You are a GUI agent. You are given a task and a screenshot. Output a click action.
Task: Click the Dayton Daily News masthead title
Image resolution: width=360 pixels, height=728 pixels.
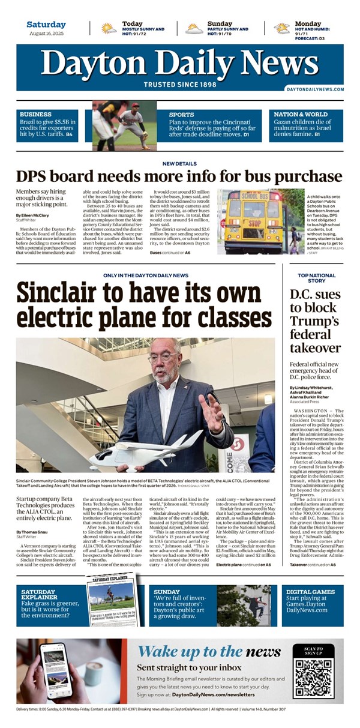(x=179, y=62)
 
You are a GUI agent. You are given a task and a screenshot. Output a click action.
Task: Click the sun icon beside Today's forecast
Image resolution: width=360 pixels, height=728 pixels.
(x=109, y=28)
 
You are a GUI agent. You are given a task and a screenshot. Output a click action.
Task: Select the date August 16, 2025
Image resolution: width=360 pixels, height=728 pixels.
(x=46, y=34)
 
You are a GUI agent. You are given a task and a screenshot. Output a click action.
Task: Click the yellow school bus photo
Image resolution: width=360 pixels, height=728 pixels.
(x=253, y=221)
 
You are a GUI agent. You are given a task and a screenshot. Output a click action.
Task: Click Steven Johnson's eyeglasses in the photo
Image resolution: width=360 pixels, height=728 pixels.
(x=161, y=358)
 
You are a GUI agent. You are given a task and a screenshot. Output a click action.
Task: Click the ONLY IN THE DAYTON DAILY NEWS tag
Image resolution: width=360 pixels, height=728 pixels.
(x=145, y=275)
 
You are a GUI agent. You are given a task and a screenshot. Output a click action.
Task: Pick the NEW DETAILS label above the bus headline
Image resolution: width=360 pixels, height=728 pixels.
(x=179, y=164)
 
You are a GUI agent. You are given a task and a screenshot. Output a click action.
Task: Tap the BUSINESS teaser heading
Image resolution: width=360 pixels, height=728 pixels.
(x=35, y=114)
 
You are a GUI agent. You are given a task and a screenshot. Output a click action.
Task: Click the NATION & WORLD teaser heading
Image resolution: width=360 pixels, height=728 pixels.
(x=301, y=114)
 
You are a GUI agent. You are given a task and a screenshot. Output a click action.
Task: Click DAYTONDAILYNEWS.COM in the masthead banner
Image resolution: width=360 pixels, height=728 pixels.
(x=315, y=89)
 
